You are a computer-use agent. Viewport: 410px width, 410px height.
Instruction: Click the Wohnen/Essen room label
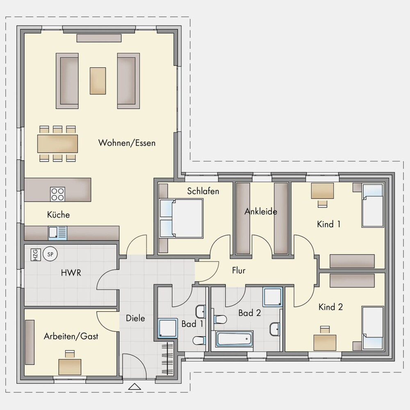click(x=127, y=143)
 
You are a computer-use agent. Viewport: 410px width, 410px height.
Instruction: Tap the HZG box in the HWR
click(x=36, y=255)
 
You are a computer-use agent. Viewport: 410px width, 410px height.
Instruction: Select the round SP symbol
click(x=50, y=254)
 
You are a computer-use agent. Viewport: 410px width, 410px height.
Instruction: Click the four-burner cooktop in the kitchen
click(x=57, y=194)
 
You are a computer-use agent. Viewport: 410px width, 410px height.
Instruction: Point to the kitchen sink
click(x=57, y=233)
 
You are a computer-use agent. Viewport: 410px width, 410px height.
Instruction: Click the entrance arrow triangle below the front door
click(x=134, y=387)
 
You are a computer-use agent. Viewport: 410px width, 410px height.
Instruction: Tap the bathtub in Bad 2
click(x=234, y=339)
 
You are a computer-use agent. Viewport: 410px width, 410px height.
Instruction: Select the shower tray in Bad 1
click(x=168, y=328)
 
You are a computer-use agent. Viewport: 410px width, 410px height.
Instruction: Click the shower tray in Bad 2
click(x=273, y=297)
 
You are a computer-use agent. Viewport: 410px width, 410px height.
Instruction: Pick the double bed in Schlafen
click(x=181, y=219)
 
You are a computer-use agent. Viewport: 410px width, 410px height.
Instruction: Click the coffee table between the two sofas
click(x=98, y=81)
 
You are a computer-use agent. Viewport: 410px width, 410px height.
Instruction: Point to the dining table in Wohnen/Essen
click(x=57, y=143)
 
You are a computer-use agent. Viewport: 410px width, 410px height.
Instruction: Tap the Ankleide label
click(x=261, y=211)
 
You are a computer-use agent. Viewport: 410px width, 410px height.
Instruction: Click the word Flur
click(x=239, y=270)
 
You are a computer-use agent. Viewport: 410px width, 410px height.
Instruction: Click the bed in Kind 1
click(x=373, y=205)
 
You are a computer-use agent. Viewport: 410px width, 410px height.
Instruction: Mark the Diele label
click(x=135, y=318)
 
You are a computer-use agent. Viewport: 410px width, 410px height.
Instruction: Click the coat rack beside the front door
click(x=167, y=359)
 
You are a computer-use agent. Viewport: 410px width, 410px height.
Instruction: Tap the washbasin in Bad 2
click(x=275, y=329)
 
